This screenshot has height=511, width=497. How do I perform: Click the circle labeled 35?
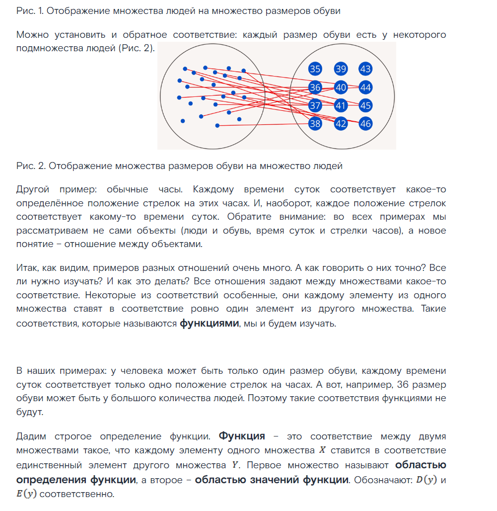pos(315,69)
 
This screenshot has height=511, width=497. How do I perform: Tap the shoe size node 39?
pos(341,69)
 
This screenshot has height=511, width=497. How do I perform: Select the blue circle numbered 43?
pos(366,69)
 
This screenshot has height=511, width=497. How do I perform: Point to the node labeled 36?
pos(315,87)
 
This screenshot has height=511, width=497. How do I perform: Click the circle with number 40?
pos(341,87)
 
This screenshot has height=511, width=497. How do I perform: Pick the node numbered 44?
pos(366,87)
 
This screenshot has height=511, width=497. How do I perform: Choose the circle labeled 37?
pos(315,105)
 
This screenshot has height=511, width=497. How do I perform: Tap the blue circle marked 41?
pos(341,105)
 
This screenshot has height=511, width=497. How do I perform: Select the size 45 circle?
pos(366,105)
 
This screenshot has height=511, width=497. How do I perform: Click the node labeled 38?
pos(315,123)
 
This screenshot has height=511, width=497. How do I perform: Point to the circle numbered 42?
pos(341,123)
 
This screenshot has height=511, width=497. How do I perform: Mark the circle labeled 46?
pos(366,123)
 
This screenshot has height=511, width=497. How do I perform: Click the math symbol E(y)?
pos(27,495)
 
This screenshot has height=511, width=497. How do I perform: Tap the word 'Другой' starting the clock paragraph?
pos(32,189)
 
